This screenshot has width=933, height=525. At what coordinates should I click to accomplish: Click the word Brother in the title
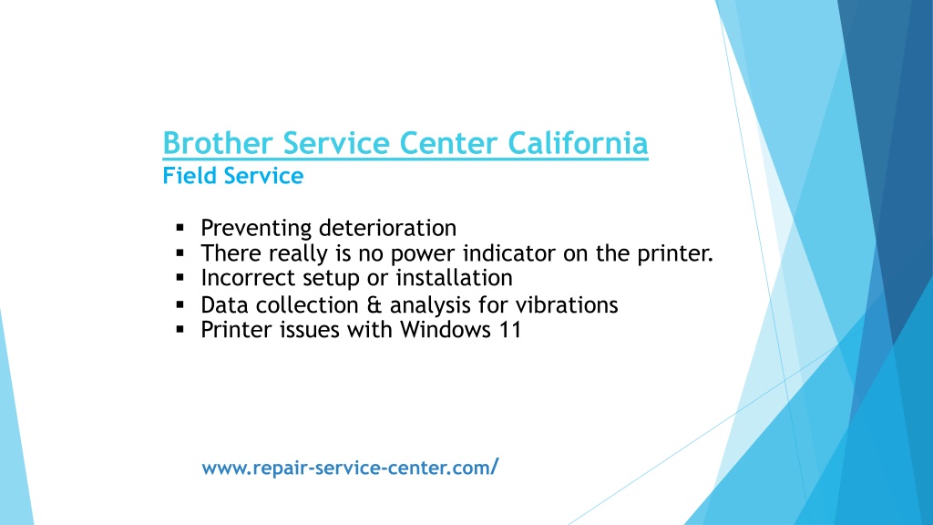click(x=217, y=143)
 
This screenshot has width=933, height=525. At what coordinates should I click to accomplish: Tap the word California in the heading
click(x=578, y=143)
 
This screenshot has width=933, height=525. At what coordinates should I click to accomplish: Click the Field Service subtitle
click(x=233, y=176)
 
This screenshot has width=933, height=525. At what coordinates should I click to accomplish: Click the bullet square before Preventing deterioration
click(x=180, y=227)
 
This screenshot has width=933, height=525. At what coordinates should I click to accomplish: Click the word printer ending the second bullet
click(x=675, y=253)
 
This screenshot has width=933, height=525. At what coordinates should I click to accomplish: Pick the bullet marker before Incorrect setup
click(x=180, y=277)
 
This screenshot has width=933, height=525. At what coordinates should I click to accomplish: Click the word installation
click(x=454, y=278)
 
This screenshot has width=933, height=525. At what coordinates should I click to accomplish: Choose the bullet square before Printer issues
click(x=180, y=329)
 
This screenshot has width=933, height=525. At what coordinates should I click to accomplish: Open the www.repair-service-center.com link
click(x=350, y=468)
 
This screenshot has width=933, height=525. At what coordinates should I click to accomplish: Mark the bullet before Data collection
click(x=180, y=304)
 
